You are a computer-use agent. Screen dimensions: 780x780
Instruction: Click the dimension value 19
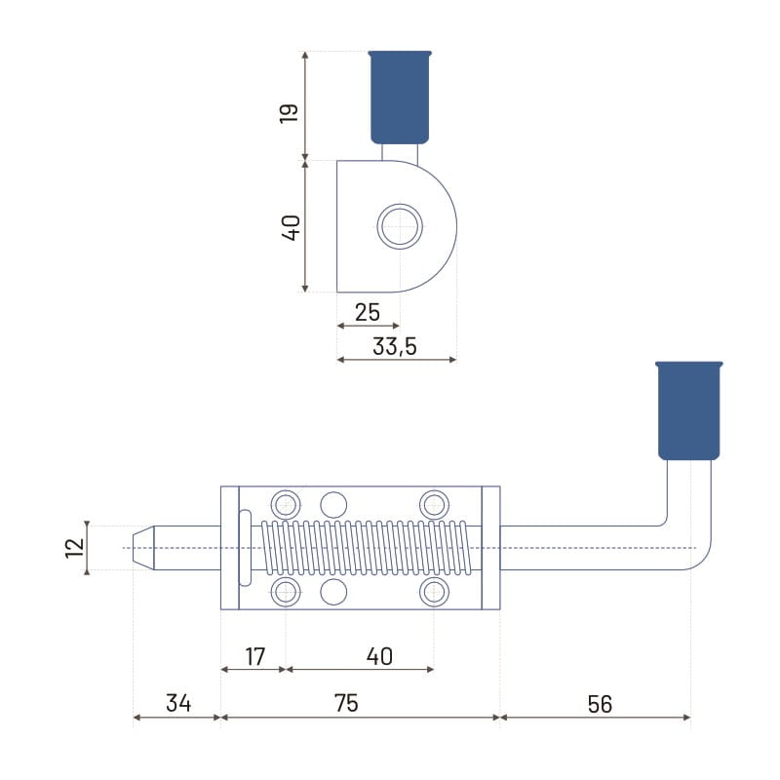(289, 113)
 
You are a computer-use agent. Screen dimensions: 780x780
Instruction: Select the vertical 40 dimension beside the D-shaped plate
(291, 228)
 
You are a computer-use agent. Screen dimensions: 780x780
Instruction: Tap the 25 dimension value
(368, 312)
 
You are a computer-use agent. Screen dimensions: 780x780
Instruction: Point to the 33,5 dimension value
(395, 346)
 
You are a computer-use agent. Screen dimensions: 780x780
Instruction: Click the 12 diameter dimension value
(75, 548)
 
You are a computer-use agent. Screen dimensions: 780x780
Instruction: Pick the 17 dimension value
(255, 656)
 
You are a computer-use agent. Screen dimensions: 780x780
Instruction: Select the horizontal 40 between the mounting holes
(379, 656)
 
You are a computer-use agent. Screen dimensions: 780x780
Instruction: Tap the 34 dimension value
(178, 703)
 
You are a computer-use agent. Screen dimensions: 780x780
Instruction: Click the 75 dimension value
(346, 703)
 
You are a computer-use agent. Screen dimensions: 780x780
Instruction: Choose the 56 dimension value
(600, 704)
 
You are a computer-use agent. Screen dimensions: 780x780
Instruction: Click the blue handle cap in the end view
(400, 97)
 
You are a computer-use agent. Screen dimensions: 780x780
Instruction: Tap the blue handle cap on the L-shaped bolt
(689, 410)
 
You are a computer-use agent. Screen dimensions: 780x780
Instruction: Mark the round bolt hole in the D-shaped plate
(400, 226)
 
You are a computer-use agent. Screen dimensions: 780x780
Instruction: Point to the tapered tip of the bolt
(143, 548)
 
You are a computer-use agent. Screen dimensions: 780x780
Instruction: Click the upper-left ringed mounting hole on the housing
(286, 505)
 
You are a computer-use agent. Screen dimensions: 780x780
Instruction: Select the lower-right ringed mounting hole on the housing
(434, 592)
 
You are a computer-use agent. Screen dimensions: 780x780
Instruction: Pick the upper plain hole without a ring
(333, 505)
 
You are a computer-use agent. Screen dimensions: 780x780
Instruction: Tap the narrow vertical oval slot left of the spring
(245, 548)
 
